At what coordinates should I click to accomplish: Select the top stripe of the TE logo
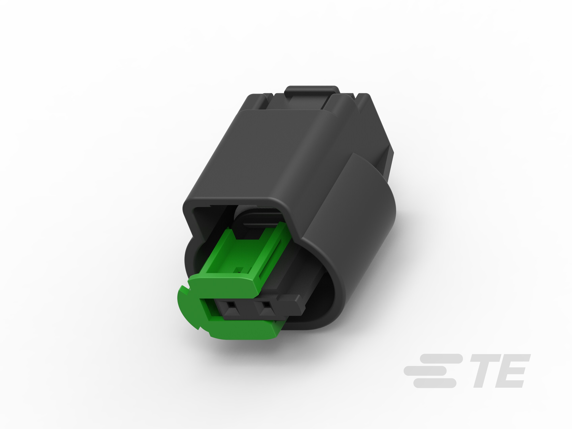pyautogui.click(x=441, y=359)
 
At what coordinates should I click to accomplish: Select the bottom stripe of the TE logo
pyautogui.click(x=435, y=383)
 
